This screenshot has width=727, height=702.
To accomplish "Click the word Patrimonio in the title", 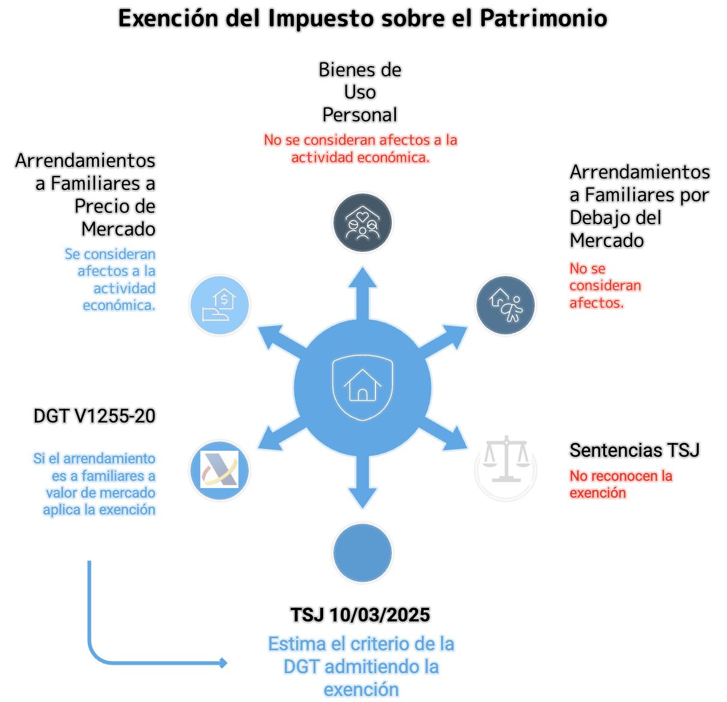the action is point(543,18).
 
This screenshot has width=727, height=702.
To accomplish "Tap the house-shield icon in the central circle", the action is point(362,386).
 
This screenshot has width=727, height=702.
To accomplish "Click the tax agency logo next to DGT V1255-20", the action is point(219,470).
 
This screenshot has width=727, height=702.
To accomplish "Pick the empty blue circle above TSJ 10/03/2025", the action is point(362,553).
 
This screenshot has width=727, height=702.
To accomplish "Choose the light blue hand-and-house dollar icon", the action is point(219,305).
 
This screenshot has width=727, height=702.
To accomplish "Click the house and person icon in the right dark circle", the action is point(505,305).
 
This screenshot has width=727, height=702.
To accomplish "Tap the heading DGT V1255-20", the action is point(94,415).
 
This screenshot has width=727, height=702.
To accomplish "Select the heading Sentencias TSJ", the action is point(634,450).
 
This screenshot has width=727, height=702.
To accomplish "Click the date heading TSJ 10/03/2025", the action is point(360,615).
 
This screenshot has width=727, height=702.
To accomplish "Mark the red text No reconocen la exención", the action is point(621,484).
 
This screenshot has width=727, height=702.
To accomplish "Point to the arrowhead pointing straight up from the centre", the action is point(362,278).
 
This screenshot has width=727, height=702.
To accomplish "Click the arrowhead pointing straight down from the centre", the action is point(362,498).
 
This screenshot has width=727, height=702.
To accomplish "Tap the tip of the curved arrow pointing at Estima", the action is point(225,663).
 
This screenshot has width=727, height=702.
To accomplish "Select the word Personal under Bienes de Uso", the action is point(359,114).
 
